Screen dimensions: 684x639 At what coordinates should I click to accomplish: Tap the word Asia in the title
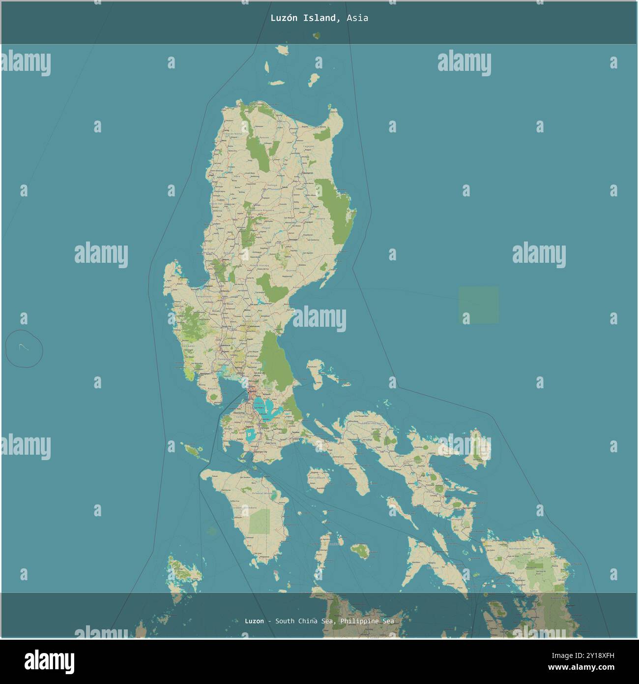point(357,18)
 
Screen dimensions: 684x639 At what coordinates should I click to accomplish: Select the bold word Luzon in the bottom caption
point(254,621)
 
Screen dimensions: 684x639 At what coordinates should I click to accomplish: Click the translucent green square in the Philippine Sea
point(478,305)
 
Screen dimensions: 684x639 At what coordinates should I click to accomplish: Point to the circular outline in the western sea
point(24,348)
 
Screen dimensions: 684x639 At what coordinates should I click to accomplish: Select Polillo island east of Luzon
point(315,372)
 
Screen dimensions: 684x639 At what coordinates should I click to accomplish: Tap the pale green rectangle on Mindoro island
point(260,521)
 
